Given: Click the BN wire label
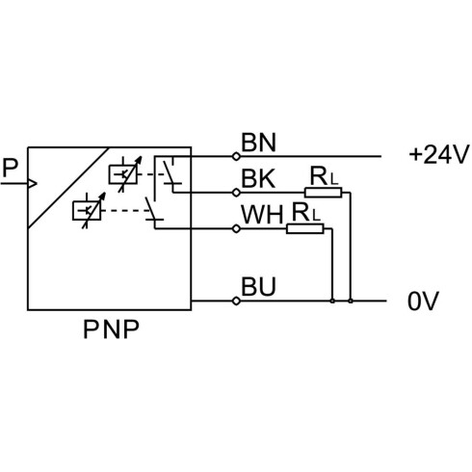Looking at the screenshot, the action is (258, 143).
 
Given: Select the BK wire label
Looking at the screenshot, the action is (258, 179).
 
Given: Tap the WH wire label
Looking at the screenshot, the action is (262, 215).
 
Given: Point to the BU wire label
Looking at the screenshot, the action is (258, 287).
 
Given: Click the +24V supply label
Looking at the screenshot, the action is (438, 155).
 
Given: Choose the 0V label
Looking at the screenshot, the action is (423, 302).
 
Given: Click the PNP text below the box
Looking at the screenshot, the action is (111, 329).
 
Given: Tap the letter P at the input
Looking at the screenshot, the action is (10, 168).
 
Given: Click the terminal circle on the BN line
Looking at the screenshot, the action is (236, 157).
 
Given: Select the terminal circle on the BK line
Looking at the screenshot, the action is (236, 193).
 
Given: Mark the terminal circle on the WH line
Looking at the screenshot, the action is (236, 228).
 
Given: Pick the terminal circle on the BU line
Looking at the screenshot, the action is (236, 301).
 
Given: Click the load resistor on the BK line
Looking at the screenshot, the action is (324, 193).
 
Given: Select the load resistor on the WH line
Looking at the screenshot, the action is (305, 228).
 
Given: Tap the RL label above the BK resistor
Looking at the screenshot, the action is (324, 176).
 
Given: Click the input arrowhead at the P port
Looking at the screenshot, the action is (33, 184).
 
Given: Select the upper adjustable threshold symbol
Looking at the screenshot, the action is (124, 174).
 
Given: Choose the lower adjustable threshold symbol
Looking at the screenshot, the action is (89, 210).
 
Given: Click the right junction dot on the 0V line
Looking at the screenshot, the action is (351, 301).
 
